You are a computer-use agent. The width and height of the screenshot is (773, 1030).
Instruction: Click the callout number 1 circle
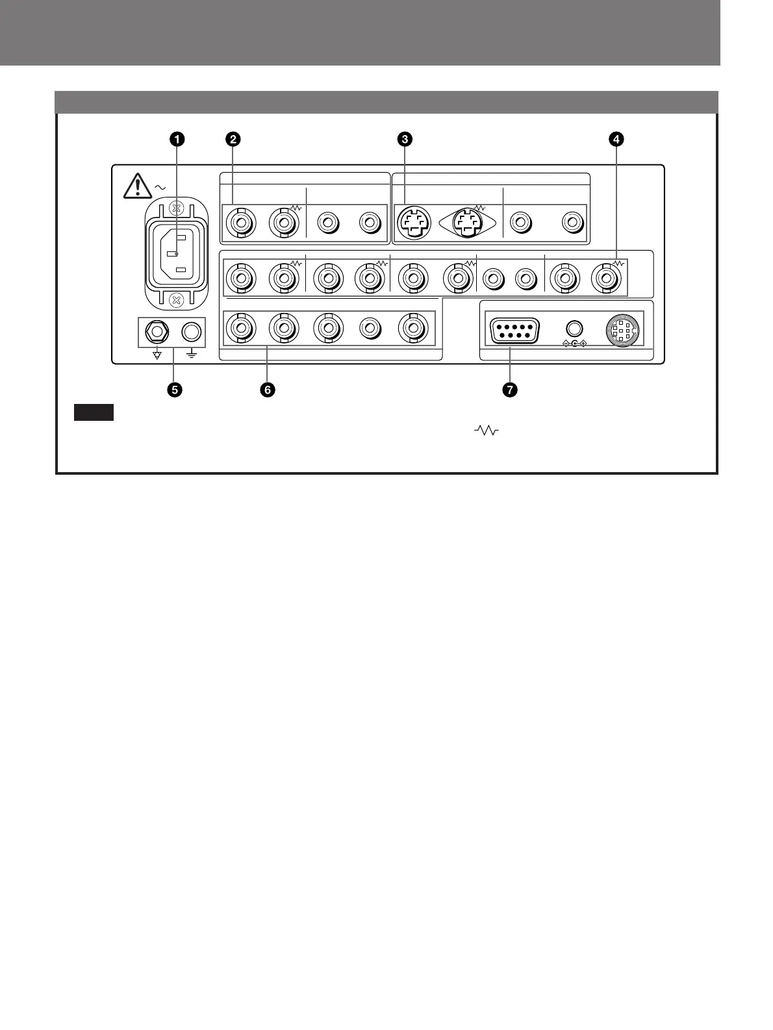[175, 138]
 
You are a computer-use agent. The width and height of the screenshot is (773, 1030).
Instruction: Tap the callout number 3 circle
[404, 138]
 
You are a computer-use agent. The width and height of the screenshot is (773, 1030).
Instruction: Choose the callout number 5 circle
[175, 390]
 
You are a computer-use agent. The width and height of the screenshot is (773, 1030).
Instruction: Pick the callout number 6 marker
[267, 390]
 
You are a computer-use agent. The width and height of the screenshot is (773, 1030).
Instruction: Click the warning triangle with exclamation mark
[136, 186]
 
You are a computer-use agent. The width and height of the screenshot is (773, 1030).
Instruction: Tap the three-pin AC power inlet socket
[175, 253]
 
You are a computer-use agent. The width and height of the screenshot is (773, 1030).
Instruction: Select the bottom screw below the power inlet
[174, 299]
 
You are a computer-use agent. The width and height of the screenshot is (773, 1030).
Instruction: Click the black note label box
[94, 412]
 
